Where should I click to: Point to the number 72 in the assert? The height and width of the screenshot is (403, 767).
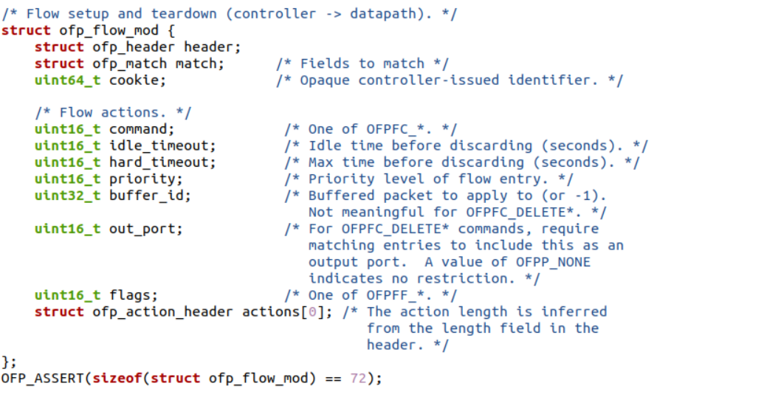(x=358, y=378)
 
